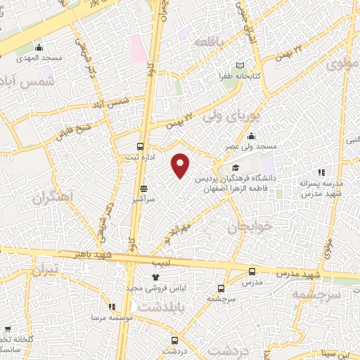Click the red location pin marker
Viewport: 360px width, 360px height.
[181, 166]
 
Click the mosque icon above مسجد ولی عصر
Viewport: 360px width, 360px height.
[252, 136]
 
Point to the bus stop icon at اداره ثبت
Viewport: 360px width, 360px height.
[140, 147]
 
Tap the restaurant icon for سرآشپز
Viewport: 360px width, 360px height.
[144, 188]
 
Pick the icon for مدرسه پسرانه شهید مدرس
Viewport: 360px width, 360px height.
[321, 172]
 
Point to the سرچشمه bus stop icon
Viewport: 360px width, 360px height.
[221, 288]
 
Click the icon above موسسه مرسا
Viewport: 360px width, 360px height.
[112, 307]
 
